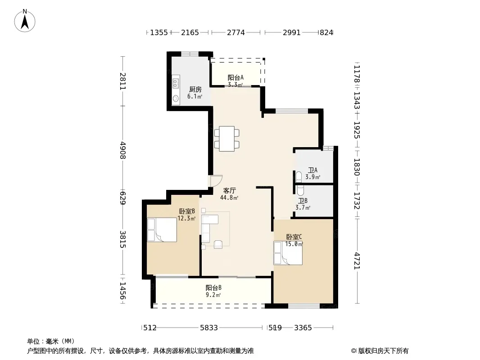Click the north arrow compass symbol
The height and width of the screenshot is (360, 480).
click(x=25, y=21)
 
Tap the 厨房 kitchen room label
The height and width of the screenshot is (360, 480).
click(x=195, y=89)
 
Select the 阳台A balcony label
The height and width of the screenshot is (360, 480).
click(x=235, y=78)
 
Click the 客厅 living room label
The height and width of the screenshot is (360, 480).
click(x=229, y=190)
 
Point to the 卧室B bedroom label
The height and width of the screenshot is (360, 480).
click(x=187, y=211)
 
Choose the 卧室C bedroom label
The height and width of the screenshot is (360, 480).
click(x=294, y=237)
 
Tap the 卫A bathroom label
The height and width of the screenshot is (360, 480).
click(x=312, y=170)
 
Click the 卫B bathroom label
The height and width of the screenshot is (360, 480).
click(x=303, y=201)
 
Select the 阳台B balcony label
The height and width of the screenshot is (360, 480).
click(x=213, y=288)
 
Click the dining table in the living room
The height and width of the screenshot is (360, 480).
click(x=227, y=139)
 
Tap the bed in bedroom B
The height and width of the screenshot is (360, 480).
click(x=162, y=229)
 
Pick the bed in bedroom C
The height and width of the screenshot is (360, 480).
click(x=288, y=253)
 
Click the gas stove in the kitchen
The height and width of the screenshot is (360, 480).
click(x=176, y=83)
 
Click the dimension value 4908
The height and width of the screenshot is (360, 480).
click(x=122, y=150)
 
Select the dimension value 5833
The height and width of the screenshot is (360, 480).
click(x=209, y=328)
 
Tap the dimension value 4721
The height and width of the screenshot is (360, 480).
click(x=357, y=261)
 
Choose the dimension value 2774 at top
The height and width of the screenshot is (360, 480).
click(x=235, y=32)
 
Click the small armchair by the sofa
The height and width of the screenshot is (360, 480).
click(x=218, y=244)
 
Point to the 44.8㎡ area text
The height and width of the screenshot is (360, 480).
click(x=229, y=198)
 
